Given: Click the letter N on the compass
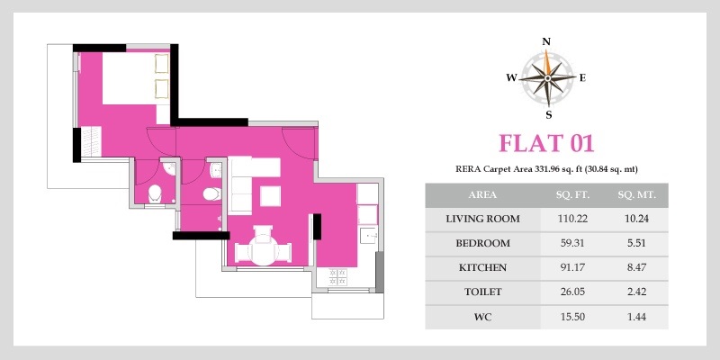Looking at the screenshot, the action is pyautogui.click(x=546, y=41).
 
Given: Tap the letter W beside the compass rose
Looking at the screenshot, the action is pyautogui.click(x=511, y=78).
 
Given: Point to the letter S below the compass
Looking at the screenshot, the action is pyautogui.click(x=549, y=115).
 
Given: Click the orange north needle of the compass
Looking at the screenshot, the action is pyautogui.click(x=546, y=63).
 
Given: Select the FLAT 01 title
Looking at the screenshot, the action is pyautogui.click(x=546, y=143).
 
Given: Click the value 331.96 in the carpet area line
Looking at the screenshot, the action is pyautogui.click(x=546, y=169).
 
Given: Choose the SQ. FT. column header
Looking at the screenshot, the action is pyautogui.click(x=572, y=195).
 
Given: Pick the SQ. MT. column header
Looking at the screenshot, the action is pyautogui.click(x=637, y=195).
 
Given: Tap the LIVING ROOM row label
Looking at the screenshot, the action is pyautogui.click(x=483, y=219).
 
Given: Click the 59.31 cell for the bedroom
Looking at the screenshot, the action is pyautogui.click(x=572, y=243).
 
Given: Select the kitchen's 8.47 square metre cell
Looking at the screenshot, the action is pyautogui.click(x=637, y=267).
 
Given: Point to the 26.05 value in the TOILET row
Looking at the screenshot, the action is pyautogui.click(x=572, y=292).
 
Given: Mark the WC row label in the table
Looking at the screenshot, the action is pyautogui.click(x=483, y=317).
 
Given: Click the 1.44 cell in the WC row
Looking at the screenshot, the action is pyautogui.click(x=637, y=317).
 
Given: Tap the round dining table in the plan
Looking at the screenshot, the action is pyautogui.click(x=263, y=250).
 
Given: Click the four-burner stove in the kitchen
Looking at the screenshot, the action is pyautogui.click(x=338, y=277).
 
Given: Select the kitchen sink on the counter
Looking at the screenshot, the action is pyautogui.click(x=369, y=236).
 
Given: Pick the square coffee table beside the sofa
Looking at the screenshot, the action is pyautogui.click(x=271, y=196).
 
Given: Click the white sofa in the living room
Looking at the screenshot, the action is pyautogui.click(x=240, y=185).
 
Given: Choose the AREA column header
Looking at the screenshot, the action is pyautogui.click(x=483, y=195).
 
